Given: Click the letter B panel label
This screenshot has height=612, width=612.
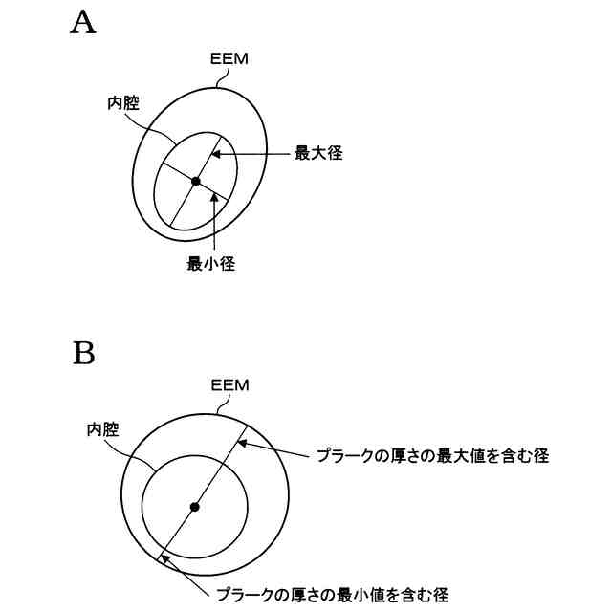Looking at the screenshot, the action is click(84, 354).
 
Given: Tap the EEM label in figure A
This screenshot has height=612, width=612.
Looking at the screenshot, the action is click(229, 59).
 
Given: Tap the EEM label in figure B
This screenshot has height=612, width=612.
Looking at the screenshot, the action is click(229, 385).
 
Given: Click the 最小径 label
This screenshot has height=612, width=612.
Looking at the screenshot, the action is click(210, 265).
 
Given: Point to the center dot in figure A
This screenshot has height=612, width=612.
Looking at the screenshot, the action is click(195, 181).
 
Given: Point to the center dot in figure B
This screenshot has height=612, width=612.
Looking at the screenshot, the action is click(195, 506).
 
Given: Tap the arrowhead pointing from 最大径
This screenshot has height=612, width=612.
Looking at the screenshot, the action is click(216, 153).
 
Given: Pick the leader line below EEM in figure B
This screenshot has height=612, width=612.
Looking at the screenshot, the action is click(223, 404).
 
